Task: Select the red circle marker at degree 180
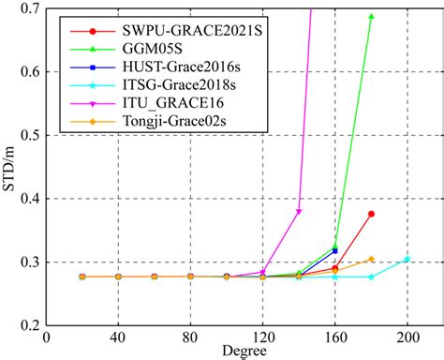372,214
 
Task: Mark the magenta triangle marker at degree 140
299,212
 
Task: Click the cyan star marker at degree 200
407,259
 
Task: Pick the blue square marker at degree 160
335,250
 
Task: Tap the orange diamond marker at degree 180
372,259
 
